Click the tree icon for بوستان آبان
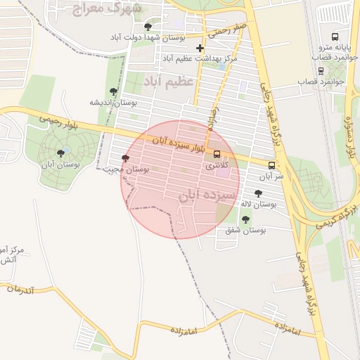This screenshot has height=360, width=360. pos(61,153)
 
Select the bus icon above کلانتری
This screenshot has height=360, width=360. pos(217,154)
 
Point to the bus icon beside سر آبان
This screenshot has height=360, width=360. pos(272,165)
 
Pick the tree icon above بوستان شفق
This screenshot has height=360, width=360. pos(245,219)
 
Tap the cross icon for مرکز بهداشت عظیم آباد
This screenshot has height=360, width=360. pos(200,49)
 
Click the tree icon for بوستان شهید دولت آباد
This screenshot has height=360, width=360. pos(147,27)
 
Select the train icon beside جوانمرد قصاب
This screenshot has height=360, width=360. pos(321,70)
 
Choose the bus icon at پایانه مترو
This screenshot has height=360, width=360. pos(335,37)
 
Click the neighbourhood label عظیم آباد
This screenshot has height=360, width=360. pos(169,82)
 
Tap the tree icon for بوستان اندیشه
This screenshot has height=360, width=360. pos(113,91)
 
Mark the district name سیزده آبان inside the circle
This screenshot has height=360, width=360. pos(204,195)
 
